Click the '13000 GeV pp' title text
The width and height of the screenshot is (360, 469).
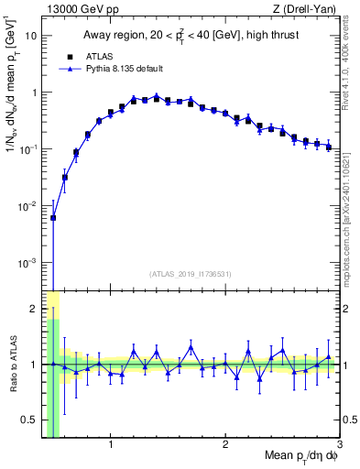(78, 9)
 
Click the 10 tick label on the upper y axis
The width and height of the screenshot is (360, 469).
(31, 36)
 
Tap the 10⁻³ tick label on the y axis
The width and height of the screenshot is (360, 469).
(27, 262)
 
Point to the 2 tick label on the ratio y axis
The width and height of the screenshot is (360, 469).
(33, 309)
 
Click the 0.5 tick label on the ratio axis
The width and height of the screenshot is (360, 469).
(29, 420)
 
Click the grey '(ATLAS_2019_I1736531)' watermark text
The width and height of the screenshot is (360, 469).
(191, 274)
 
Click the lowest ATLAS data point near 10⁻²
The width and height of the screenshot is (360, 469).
(53, 218)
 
